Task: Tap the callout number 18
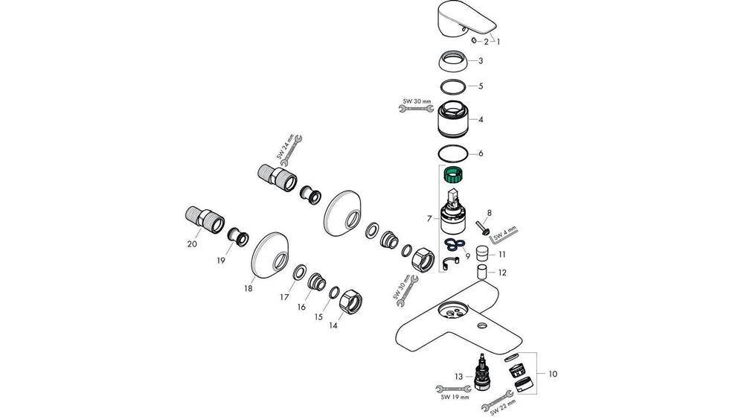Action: [248, 287]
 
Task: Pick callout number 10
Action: [552, 373]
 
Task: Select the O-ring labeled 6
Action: [453, 153]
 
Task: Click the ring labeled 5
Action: [453, 86]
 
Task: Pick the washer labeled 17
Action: [298, 273]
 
